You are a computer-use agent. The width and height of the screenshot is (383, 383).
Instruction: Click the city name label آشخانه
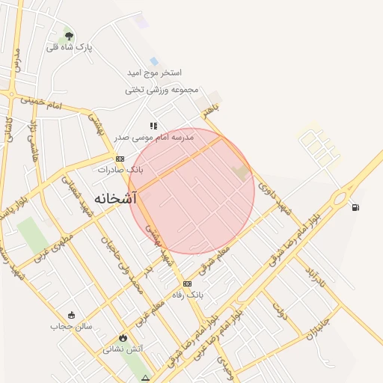coord(116,198)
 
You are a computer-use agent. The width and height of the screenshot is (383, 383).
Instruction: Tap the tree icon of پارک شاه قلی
coord(69,36)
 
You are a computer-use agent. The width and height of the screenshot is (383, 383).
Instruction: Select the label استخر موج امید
coord(154,73)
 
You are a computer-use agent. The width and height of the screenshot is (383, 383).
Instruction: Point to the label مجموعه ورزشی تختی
coord(162,90)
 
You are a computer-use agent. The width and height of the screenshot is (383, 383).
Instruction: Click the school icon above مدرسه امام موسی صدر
coord(153,126)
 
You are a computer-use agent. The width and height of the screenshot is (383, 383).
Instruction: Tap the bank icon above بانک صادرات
coord(120,158)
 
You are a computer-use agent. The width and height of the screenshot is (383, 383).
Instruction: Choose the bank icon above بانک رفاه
coord(187,284)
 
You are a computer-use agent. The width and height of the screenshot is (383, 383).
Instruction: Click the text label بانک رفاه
coord(188,295)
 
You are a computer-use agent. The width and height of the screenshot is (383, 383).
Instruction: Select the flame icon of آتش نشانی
coord(123,337)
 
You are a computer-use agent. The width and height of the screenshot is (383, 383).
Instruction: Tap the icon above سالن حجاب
coord(71,315)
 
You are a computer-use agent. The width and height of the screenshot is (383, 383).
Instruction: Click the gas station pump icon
coord(354,207)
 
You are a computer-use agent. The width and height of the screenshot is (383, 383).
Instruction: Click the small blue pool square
coord(154,61)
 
